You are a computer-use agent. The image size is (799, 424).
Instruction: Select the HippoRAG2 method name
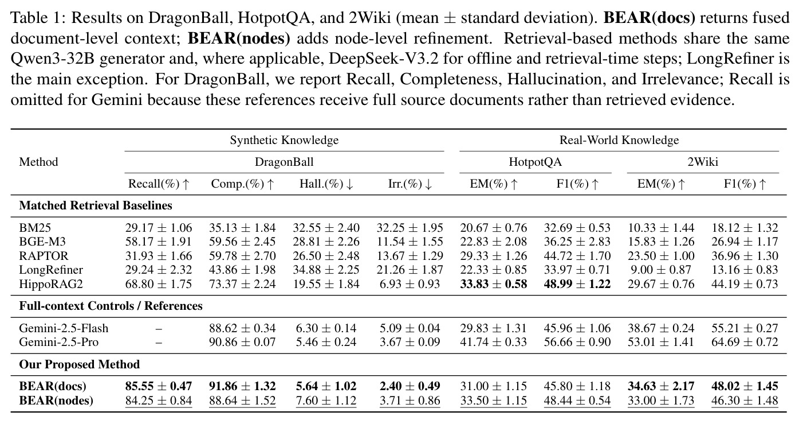[51, 284]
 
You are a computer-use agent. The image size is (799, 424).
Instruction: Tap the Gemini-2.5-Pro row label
[59, 342]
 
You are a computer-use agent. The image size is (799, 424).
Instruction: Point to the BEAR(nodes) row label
[56, 400]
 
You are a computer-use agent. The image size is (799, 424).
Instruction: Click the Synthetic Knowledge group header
[284, 140]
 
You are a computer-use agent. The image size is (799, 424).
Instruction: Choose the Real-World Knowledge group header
[619, 140]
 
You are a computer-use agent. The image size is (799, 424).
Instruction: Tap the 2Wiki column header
[703, 162]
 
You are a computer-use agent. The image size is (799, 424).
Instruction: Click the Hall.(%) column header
[326, 184]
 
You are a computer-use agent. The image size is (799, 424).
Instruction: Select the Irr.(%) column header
[410, 184]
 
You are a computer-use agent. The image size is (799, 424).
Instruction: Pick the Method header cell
[38, 162]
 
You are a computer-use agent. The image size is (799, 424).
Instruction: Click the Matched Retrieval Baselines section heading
[96, 205]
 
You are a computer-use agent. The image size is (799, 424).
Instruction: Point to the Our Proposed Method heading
[79, 364]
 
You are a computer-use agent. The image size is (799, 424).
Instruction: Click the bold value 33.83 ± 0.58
[493, 284]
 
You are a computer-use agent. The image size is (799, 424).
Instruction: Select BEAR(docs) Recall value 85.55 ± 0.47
[159, 386]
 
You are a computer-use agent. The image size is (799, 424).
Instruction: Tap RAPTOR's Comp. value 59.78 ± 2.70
[242, 256]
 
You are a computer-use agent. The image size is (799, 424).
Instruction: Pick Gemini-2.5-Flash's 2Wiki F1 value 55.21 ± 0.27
[745, 328]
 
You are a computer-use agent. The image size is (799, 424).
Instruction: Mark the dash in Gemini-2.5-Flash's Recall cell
[159, 329]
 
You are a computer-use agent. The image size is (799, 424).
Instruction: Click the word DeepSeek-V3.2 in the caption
[383, 59]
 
